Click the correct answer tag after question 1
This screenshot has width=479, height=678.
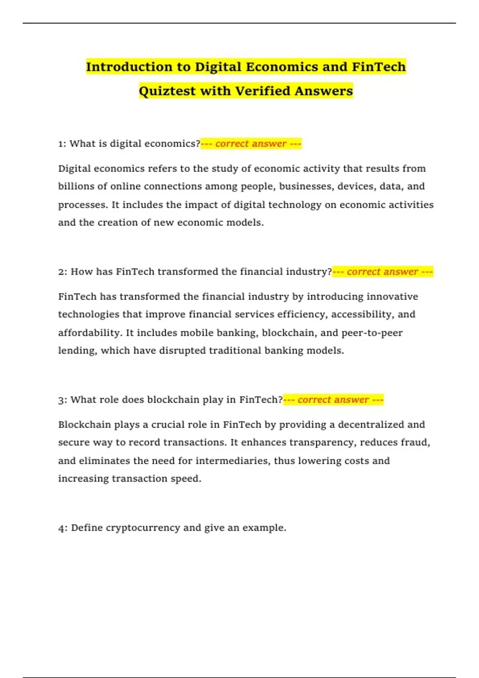[251, 144]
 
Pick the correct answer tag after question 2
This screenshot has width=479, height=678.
[382, 272]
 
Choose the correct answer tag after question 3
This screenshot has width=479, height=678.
[333, 400]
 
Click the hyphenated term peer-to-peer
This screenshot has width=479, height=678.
[372, 333]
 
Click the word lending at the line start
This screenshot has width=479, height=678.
[77, 351]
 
